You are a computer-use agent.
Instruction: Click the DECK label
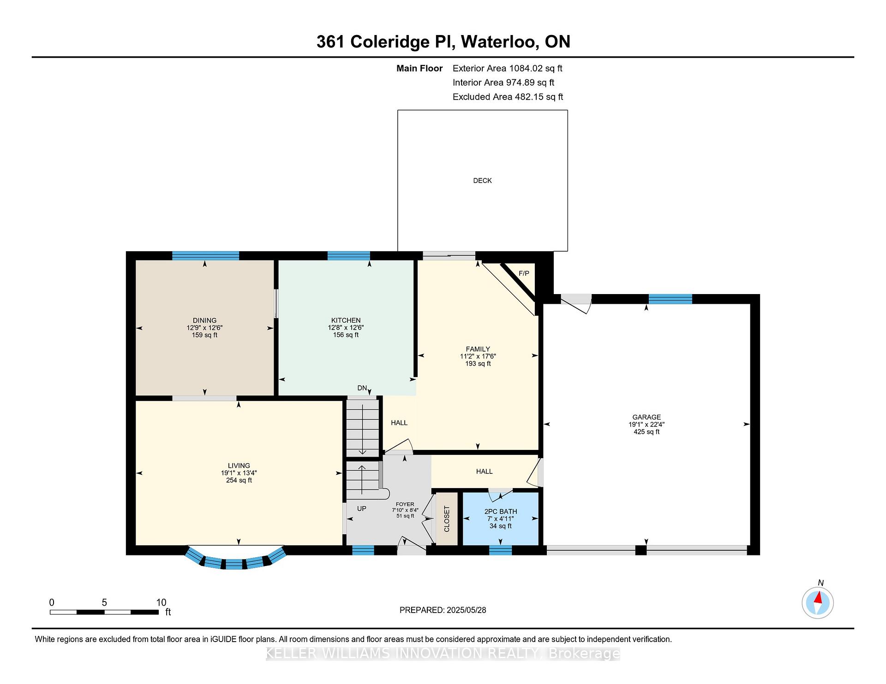482,181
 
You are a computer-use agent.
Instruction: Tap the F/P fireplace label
524,273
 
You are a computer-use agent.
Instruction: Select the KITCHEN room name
346,320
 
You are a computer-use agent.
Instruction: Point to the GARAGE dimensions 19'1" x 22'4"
647,425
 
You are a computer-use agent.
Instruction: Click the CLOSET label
447,519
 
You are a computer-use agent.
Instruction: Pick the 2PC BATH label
501,512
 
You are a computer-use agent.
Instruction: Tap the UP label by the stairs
362,508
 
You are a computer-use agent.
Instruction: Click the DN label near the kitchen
362,388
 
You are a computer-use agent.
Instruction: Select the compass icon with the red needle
818,602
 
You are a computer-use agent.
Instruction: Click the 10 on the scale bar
161,602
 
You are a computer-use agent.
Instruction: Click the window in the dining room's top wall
206,256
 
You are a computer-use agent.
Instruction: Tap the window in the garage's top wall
670,299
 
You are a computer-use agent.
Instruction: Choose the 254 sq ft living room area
239,480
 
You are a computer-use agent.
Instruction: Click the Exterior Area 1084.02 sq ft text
508,68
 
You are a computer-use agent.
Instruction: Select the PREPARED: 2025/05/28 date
443,610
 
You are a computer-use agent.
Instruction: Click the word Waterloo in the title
499,42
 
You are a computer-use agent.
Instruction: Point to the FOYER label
405,504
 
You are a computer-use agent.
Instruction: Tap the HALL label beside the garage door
485,472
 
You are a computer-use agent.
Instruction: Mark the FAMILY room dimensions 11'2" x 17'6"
478,356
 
